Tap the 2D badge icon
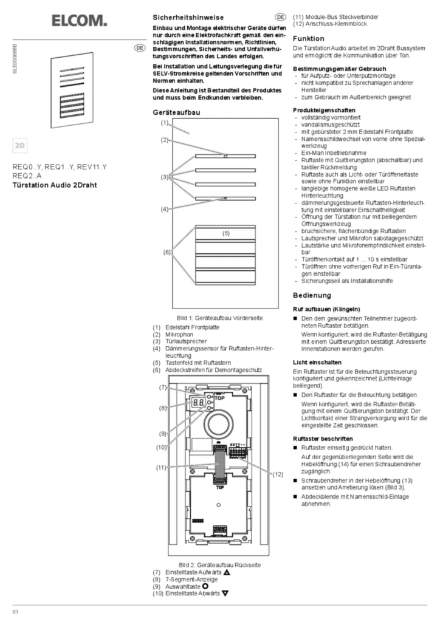pyautogui.click(x=21, y=146)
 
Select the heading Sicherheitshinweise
pyautogui.click(x=188, y=18)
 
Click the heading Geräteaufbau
pyautogui.click(x=177, y=112)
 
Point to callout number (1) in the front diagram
pyautogui.click(x=164, y=123)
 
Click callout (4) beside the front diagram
pyautogui.click(x=164, y=209)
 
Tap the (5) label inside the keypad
pyautogui.click(x=225, y=233)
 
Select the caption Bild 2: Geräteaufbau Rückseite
pyautogui.click(x=210, y=564)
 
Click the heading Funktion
pyautogui.click(x=308, y=38)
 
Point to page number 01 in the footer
pyautogui.click(x=16, y=611)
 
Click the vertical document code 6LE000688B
pyautogui.click(x=15, y=58)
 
